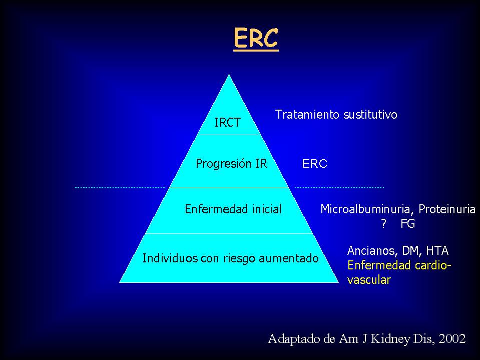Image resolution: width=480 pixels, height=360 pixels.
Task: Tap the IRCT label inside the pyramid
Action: coord(227,123)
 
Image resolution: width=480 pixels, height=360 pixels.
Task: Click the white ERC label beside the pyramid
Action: coord(314,164)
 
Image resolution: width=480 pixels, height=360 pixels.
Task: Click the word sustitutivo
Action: coord(370,115)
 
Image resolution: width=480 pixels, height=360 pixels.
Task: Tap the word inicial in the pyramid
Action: coord(267,209)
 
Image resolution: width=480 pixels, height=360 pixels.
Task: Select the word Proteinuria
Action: coord(447,209)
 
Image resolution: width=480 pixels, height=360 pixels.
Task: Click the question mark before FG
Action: coord(383,224)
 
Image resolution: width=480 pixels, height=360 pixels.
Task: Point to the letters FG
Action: coord(407,224)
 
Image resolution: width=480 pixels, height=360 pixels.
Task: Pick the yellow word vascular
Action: coord(369,280)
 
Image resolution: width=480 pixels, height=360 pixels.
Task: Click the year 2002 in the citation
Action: coord(452,339)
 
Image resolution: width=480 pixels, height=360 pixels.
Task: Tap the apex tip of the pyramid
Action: coord(229,74)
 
